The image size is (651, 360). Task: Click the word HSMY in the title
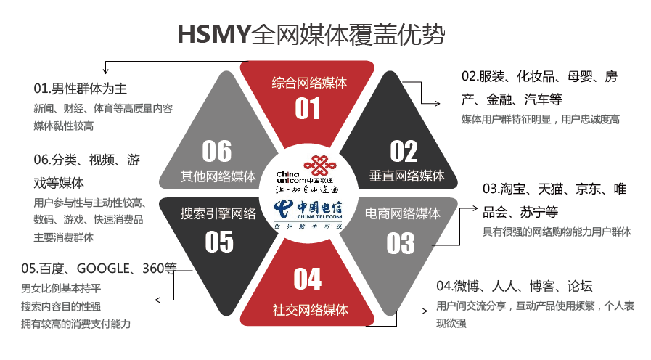click(x=214, y=34)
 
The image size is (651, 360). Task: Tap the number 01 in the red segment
click(x=308, y=109)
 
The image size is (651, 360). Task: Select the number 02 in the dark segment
click(x=404, y=151)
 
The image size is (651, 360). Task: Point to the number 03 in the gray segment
click(x=400, y=243)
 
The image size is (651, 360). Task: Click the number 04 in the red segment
click(x=308, y=279)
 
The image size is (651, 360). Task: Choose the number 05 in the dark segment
click(x=218, y=242)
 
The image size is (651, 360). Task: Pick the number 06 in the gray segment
click(x=217, y=151)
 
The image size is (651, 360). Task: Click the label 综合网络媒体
click(x=309, y=82)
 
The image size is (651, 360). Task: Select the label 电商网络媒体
click(x=401, y=213)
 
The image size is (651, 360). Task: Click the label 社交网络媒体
click(x=310, y=310)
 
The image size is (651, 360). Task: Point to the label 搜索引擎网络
click(x=218, y=213)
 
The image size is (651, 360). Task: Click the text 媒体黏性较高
click(x=64, y=126)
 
